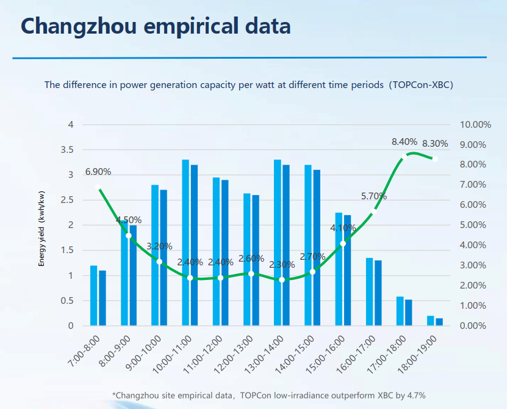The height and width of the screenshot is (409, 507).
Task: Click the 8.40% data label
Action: [405, 142]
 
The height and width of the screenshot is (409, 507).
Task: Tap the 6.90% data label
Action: [98, 172]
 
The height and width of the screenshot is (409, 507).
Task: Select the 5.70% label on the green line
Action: [373, 196]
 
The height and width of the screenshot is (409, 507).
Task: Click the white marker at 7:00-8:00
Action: [98, 187]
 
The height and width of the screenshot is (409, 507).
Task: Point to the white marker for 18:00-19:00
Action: [435, 159]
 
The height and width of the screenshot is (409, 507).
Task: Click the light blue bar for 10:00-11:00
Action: [185, 243]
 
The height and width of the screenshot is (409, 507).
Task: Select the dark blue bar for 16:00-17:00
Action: [378, 293]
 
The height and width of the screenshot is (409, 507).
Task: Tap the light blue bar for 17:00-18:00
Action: [400, 311]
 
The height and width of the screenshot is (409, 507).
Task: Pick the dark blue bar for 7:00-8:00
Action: [102, 298]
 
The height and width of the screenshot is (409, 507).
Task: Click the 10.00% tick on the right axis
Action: [475, 125]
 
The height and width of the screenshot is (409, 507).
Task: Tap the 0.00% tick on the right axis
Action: [473, 326]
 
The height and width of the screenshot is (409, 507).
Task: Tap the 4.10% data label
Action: [343, 227]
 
